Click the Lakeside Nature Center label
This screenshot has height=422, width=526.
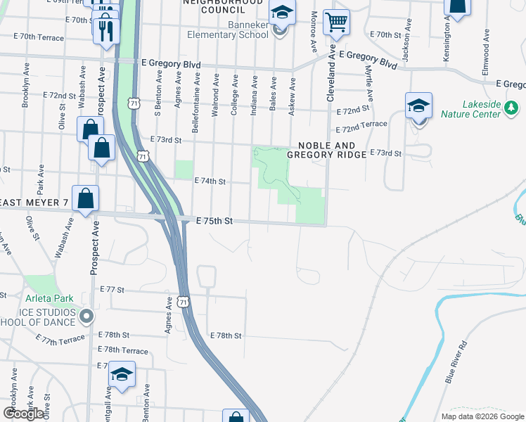pyautogui.click(x=470, y=108)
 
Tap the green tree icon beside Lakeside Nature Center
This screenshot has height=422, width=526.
pyautogui.click(x=512, y=108)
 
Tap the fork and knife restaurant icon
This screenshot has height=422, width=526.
pyautogui.click(x=106, y=31)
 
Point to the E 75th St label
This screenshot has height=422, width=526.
pyautogui.click(x=214, y=221)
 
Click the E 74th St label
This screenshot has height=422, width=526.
pyautogui.click(x=210, y=181)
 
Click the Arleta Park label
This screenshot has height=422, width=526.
pyautogui.click(x=49, y=299)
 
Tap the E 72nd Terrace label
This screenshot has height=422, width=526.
pyautogui.click(x=361, y=127)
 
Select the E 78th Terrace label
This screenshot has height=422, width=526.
pyautogui.click(x=123, y=350)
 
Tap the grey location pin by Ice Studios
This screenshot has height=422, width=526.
pyautogui.click(x=86, y=316)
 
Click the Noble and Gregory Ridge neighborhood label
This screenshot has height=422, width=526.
pyautogui.click(x=327, y=150)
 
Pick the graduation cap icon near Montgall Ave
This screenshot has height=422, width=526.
pyautogui.click(x=122, y=375)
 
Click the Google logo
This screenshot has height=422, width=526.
pyautogui.click(x=24, y=414)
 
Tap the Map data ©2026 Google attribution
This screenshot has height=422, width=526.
pyautogui.click(x=482, y=416)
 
